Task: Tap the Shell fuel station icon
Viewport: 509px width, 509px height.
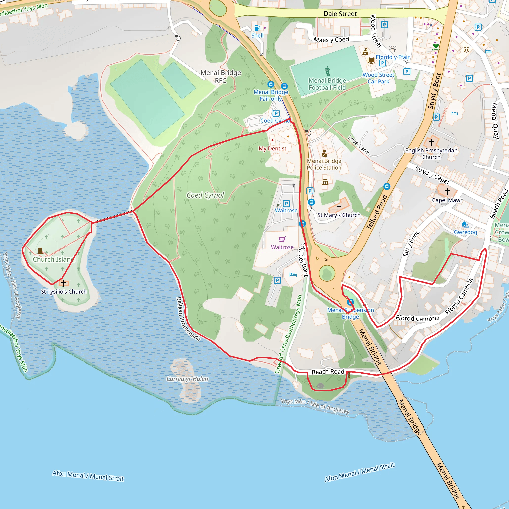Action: tap(257, 28)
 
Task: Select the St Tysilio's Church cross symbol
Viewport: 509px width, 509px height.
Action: tap(64, 283)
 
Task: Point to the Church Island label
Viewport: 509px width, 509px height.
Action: tap(53, 259)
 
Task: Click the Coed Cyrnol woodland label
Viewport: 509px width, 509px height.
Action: tap(205, 195)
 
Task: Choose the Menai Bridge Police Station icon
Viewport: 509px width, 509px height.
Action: tap(324, 153)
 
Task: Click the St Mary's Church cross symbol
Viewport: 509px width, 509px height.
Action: tap(339, 207)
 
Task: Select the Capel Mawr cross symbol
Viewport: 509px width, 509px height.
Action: tap(447, 192)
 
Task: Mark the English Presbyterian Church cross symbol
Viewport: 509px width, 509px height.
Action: tap(431, 142)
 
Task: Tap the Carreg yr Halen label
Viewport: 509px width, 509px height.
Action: tap(187, 379)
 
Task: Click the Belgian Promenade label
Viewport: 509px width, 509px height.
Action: tap(188, 319)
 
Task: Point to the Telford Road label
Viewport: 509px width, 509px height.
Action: tap(377, 212)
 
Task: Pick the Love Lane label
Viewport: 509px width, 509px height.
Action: tap(358, 145)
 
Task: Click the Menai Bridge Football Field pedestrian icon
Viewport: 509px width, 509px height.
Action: tap(328, 71)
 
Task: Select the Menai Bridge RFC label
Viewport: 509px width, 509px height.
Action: tap(220, 76)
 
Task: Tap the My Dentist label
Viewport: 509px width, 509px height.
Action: tap(272, 148)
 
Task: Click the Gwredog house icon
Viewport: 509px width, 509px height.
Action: tap(465, 224)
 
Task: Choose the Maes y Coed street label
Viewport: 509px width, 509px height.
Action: tap(331, 40)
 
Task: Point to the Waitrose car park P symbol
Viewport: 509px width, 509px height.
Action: tap(286, 203)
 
